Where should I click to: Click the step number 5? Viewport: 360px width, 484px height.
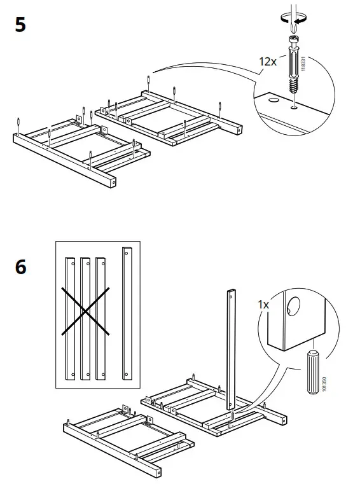click(x=20, y=27)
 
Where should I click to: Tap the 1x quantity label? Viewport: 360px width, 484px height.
click(x=264, y=305)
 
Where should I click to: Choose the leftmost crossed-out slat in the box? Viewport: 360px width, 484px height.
click(x=68, y=317)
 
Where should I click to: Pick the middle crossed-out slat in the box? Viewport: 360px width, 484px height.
click(x=85, y=317)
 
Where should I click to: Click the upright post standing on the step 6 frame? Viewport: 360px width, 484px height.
click(x=230, y=350)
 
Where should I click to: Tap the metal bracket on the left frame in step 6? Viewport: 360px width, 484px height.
click(x=151, y=420)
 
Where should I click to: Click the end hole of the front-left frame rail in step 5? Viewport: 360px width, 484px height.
click(x=114, y=183)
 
